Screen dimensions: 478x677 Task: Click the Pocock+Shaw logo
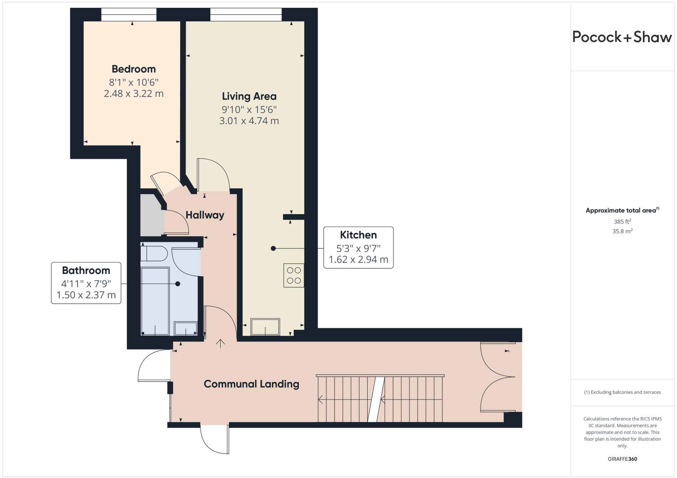(x=622, y=37)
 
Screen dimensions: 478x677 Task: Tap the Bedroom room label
(x=134, y=69)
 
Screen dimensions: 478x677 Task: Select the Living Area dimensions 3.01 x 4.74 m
(x=249, y=121)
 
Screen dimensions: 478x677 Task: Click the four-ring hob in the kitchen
(x=294, y=275)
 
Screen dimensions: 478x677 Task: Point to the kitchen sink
(x=265, y=327)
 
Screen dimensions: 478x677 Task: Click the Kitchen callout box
(x=358, y=247)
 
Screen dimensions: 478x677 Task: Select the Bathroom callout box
(x=86, y=283)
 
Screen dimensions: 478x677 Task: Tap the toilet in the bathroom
(x=154, y=254)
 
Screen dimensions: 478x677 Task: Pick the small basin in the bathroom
(x=186, y=328)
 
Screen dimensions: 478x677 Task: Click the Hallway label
(x=205, y=215)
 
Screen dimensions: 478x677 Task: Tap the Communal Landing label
(x=251, y=384)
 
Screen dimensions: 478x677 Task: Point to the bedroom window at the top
(x=129, y=15)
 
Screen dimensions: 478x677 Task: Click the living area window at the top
(x=246, y=15)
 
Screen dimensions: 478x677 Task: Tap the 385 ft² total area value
(x=622, y=221)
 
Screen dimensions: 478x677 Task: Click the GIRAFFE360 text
(x=622, y=459)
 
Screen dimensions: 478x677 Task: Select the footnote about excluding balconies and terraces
(x=622, y=392)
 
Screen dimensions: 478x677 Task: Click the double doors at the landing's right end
(x=498, y=377)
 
